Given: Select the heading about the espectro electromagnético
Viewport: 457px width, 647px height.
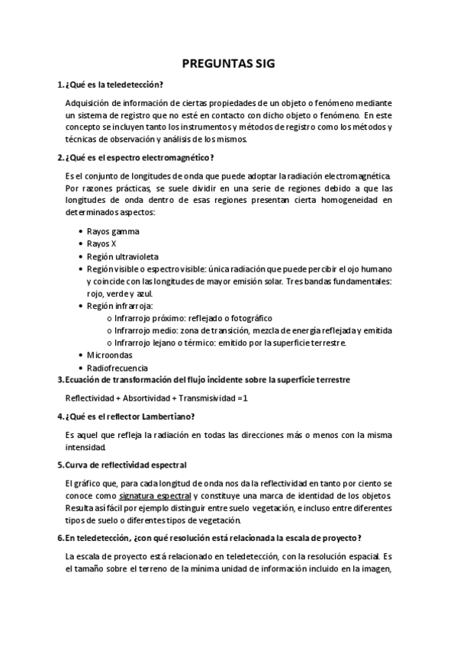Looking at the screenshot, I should pyautogui.click(x=140, y=158).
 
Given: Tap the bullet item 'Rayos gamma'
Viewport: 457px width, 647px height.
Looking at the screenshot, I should pyautogui.click(x=113, y=231).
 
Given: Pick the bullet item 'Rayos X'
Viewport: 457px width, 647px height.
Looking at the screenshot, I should pyautogui.click(x=102, y=243).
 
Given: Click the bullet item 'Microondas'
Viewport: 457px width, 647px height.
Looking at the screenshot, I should pyautogui.click(x=112, y=355).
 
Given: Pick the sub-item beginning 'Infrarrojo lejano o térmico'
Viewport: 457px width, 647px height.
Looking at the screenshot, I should pyautogui.click(x=230, y=343).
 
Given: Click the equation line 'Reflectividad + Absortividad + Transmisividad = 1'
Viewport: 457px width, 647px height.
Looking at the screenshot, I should pyautogui.click(x=156, y=398).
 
